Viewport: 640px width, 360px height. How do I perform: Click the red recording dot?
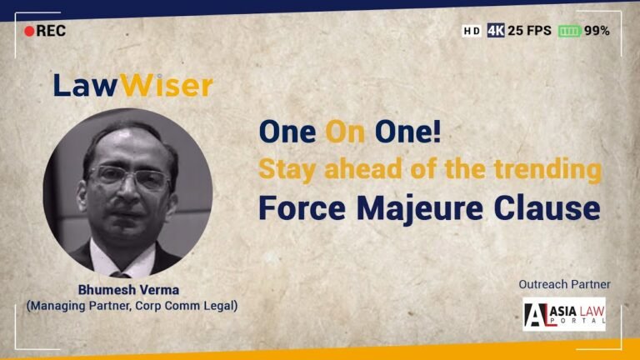[x=29, y=31]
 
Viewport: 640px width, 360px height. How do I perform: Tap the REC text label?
[x=51, y=31]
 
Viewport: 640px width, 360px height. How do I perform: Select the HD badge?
[x=472, y=31]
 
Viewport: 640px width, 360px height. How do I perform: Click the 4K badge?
[x=496, y=30]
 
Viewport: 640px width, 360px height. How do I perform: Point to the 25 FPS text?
[x=530, y=30]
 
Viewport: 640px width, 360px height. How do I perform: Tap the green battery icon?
[x=569, y=31]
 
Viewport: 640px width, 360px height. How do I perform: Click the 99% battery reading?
[x=597, y=31]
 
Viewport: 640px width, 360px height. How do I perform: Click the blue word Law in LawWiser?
[x=86, y=85]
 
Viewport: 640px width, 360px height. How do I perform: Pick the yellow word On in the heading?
[x=345, y=132]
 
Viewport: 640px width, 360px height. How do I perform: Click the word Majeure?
[x=420, y=208]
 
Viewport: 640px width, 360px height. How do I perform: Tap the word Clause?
[x=547, y=208]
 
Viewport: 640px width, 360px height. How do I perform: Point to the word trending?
[x=547, y=169]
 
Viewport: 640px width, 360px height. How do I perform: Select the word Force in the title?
[x=302, y=208]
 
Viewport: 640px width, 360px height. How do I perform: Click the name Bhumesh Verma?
[x=128, y=290]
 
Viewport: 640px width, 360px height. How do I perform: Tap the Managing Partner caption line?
[x=132, y=306]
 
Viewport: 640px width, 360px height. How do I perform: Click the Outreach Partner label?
[x=564, y=284]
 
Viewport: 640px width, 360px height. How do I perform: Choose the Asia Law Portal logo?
[x=564, y=314]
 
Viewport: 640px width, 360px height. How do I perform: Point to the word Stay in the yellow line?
[x=287, y=170]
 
